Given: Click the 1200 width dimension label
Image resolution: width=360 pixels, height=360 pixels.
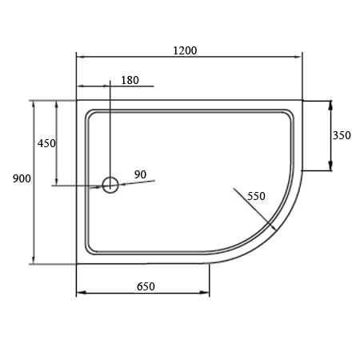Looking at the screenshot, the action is tap(185, 50).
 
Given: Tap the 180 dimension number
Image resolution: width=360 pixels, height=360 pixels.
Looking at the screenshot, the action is tap(130, 80).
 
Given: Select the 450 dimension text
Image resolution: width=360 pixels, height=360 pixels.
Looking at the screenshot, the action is tap(46, 143).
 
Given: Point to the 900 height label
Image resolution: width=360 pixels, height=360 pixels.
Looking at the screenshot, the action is tap(22, 178).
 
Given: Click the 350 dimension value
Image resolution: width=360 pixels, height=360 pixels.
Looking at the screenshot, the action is tap(342, 135).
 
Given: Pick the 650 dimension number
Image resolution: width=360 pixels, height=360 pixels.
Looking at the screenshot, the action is tap(146, 286).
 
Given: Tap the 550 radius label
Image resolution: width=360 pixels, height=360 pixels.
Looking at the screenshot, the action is tap(256, 196).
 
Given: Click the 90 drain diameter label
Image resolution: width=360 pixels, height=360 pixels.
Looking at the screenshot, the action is tap(140, 174).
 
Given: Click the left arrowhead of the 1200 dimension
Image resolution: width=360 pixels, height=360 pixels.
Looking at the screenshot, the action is tap(81, 57).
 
